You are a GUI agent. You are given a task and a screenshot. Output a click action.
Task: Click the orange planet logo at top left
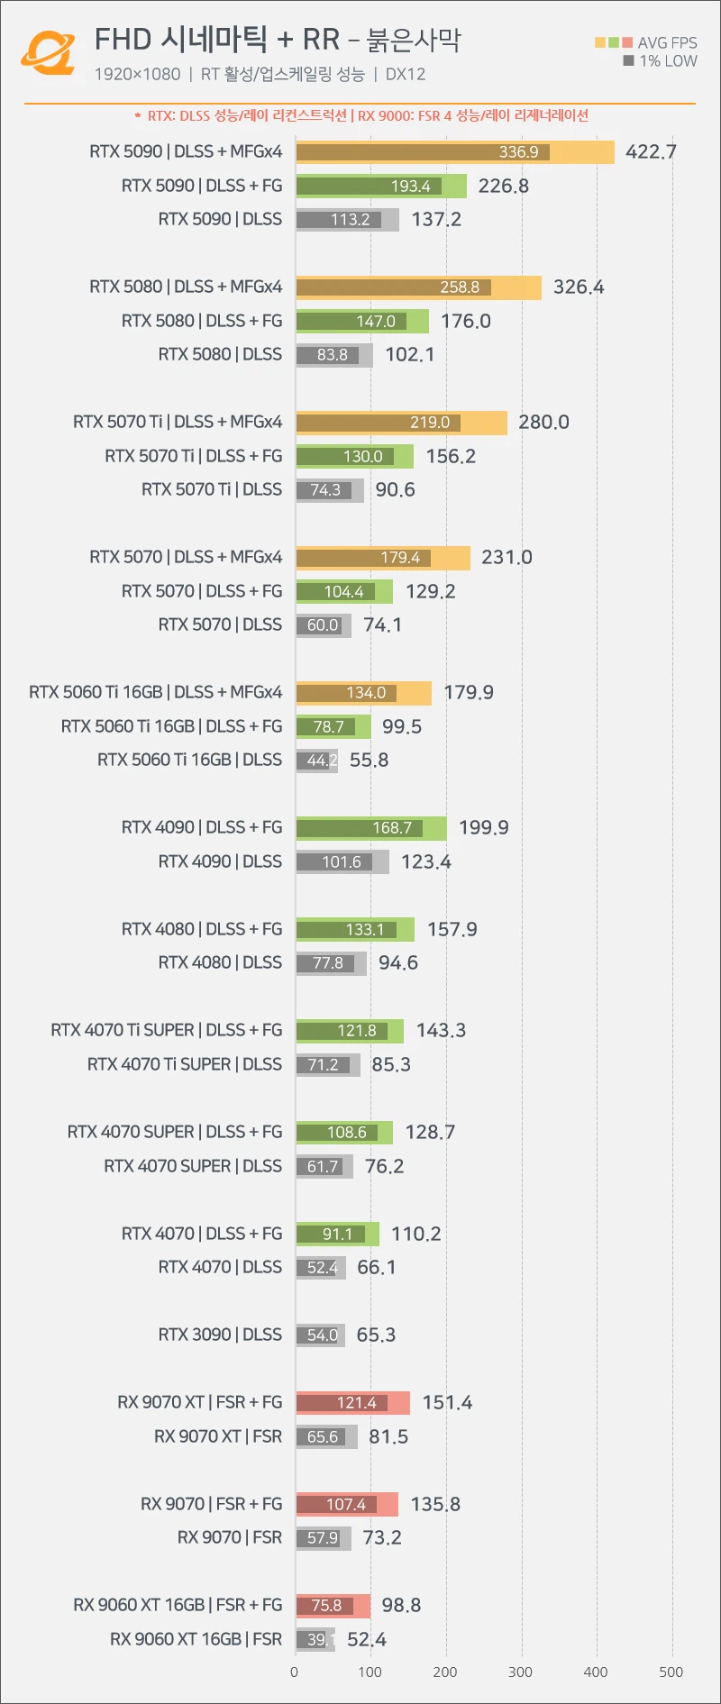[49, 52]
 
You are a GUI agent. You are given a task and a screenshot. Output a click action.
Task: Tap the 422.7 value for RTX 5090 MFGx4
[651, 152]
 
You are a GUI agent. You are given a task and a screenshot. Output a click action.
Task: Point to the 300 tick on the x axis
[520, 1672]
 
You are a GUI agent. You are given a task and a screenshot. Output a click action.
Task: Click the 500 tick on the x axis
[671, 1672]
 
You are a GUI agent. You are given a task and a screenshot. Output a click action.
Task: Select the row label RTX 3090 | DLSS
[220, 1335]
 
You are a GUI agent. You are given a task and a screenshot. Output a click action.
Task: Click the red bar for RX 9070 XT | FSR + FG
[352, 1402]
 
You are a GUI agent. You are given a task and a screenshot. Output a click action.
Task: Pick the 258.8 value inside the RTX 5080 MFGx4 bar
[460, 287]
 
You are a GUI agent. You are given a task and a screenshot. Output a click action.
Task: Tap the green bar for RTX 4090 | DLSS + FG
[370, 828]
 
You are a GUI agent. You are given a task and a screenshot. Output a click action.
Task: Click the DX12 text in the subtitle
[406, 75]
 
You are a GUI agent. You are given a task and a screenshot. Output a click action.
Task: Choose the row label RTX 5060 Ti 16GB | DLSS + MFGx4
[155, 692]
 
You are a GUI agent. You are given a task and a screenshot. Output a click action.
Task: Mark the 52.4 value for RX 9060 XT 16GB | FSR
[367, 1639]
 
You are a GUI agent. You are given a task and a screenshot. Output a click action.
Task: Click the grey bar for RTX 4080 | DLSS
[331, 963]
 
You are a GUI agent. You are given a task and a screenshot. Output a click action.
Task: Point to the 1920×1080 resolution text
[137, 75]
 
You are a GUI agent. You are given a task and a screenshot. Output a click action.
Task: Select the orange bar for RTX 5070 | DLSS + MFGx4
[382, 558]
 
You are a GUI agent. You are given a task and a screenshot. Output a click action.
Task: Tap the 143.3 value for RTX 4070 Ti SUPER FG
[441, 1030]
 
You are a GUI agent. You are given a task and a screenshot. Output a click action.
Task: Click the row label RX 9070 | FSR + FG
[211, 1504]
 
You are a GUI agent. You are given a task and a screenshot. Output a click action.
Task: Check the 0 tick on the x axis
[295, 1672]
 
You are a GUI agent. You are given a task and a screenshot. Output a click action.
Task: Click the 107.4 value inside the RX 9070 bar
[346, 1505]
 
